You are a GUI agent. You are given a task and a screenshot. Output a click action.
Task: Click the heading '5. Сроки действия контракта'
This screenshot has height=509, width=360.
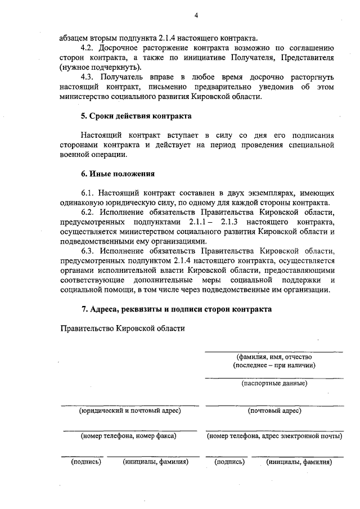[x=136, y=116]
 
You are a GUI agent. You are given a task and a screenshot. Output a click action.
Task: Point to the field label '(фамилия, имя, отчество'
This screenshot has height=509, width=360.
[x=274, y=357]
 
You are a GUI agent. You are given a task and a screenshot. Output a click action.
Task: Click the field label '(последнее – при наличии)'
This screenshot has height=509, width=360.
[x=274, y=365]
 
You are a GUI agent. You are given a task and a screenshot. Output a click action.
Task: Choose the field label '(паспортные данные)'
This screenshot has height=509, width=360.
[x=274, y=384]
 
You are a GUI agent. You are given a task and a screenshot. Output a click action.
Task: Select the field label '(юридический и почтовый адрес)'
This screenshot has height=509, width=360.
[x=129, y=411]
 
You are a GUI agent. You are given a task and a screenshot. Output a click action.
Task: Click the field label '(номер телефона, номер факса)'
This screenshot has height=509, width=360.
[x=129, y=435]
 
